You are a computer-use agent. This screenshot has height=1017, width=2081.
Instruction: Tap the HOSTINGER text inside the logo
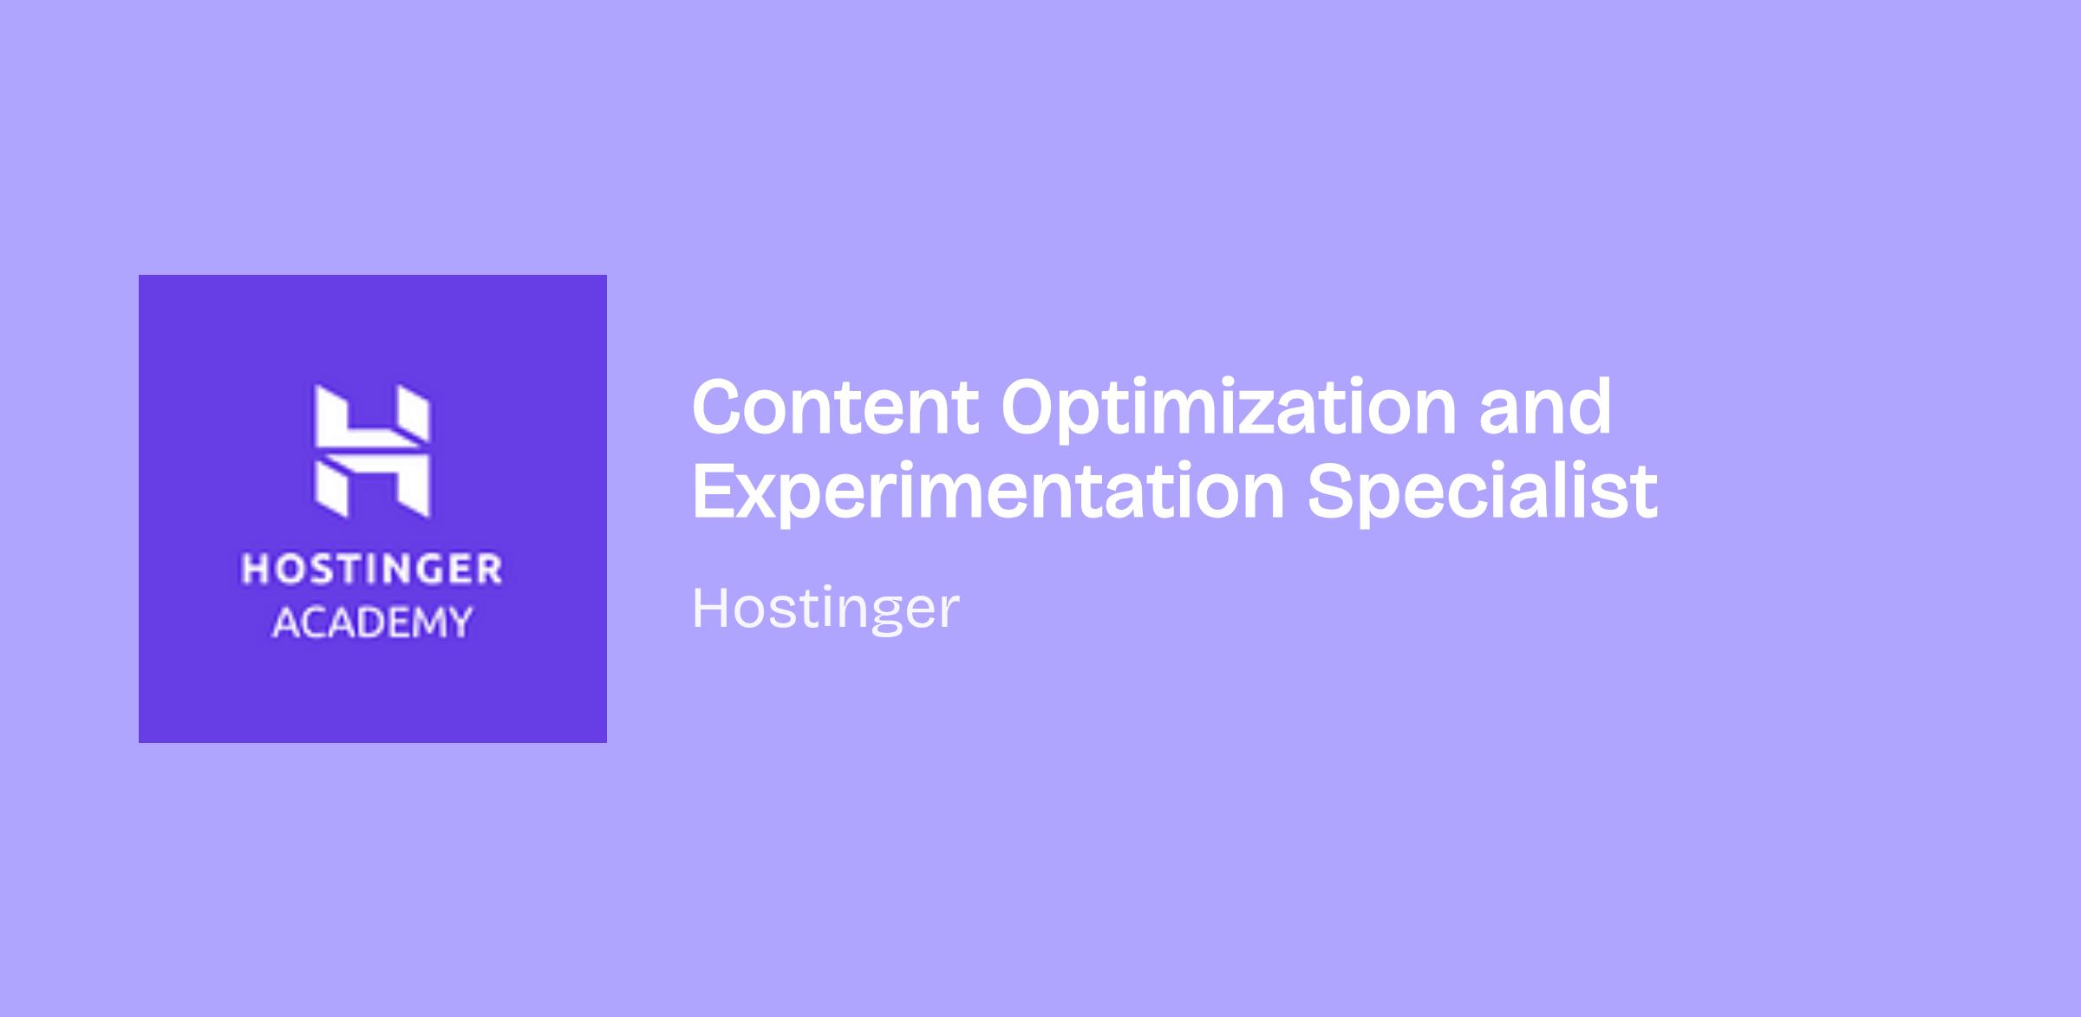tap(372, 570)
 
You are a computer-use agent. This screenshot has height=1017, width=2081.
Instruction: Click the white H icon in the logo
tap(372, 451)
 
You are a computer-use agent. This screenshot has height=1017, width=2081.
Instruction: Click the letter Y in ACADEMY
tap(459, 623)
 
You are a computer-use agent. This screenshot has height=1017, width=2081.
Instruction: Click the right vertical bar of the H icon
tap(414, 451)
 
